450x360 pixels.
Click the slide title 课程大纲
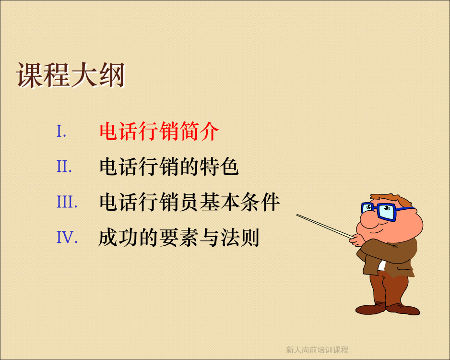71,75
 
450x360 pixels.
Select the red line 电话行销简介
159,131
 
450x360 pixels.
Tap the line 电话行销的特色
169,167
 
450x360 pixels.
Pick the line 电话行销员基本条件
189,202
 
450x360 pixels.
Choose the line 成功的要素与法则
179,238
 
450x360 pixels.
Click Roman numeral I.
61,131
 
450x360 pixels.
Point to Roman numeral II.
64,167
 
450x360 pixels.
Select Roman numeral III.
67,202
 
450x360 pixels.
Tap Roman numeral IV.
67,237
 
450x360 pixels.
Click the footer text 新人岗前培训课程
317,349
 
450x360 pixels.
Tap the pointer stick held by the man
325,226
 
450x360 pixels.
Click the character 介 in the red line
210,131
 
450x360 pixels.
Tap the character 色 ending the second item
229,167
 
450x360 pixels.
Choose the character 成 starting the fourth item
108,238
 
